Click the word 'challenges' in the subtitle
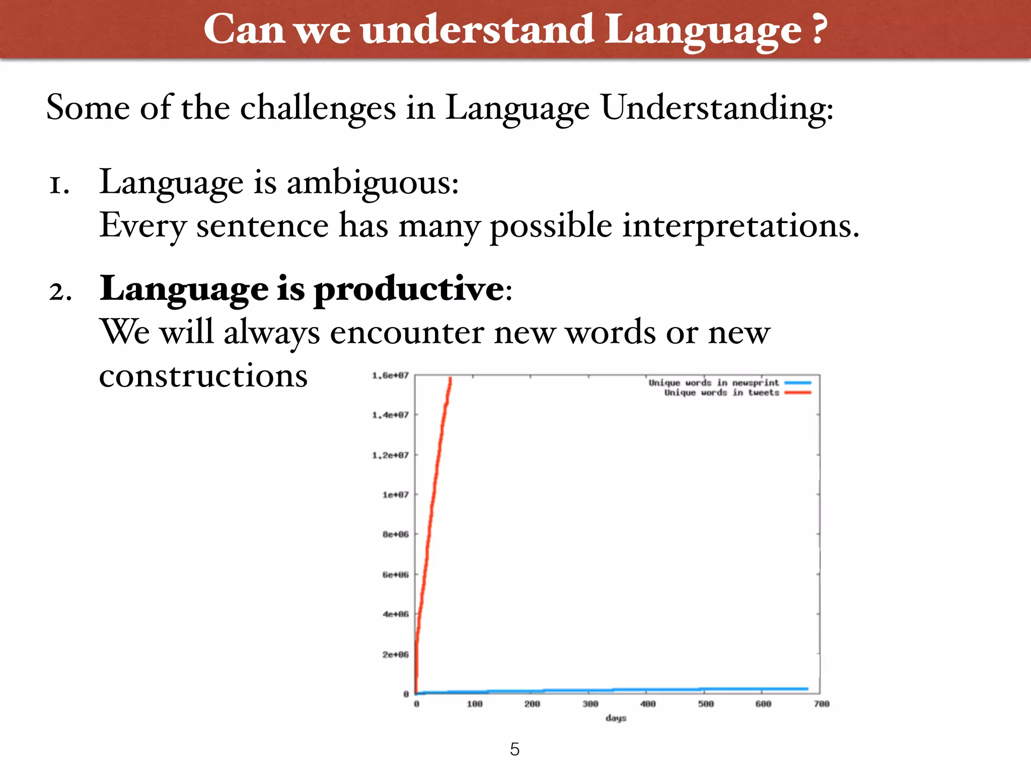coord(318,108)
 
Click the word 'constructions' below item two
coord(203,376)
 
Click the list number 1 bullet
coord(59,185)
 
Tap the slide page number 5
coord(514,749)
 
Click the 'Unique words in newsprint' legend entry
coord(713,383)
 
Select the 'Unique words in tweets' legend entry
coord(721,393)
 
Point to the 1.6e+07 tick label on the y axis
coord(390,375)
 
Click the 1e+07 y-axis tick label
coord(395,495)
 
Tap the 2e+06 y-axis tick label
coord(395,654)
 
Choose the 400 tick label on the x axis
coord(648,704)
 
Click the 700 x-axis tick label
coord(821,704)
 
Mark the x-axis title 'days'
coord(616,718)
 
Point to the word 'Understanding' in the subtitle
coord(716,108)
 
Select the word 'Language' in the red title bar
coord(702,30)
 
